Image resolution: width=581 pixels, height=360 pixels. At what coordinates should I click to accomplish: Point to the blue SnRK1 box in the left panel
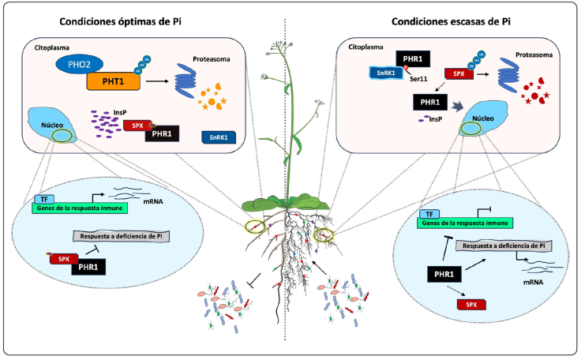point(217,137)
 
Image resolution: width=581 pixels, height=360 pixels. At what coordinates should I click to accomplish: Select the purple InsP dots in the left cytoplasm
point(105,119)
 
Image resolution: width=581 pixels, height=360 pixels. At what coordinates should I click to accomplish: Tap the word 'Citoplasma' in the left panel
point(51,48)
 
